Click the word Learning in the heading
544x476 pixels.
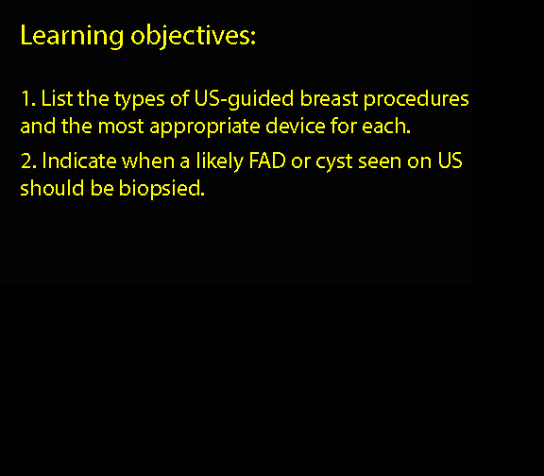coord(72,36)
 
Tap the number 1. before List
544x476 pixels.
coord(28,98)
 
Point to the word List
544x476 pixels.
coord(57,98)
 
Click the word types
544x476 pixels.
coord(140,100)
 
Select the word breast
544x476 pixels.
coord(329,98)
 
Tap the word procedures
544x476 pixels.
coord(416,100)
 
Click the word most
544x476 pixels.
coord(121,127)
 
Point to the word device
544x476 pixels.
coord(296,126)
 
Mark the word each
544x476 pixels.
coord(386,126)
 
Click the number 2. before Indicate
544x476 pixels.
coord(28,161)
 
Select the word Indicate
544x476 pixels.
coord(79,161)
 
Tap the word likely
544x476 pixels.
coord(220,162)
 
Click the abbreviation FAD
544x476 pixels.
coord(267,161)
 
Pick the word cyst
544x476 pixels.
coord(333,163)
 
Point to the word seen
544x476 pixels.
coord(380,162)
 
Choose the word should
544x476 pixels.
coord(52,188)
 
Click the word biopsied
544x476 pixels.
coord(161,190)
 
